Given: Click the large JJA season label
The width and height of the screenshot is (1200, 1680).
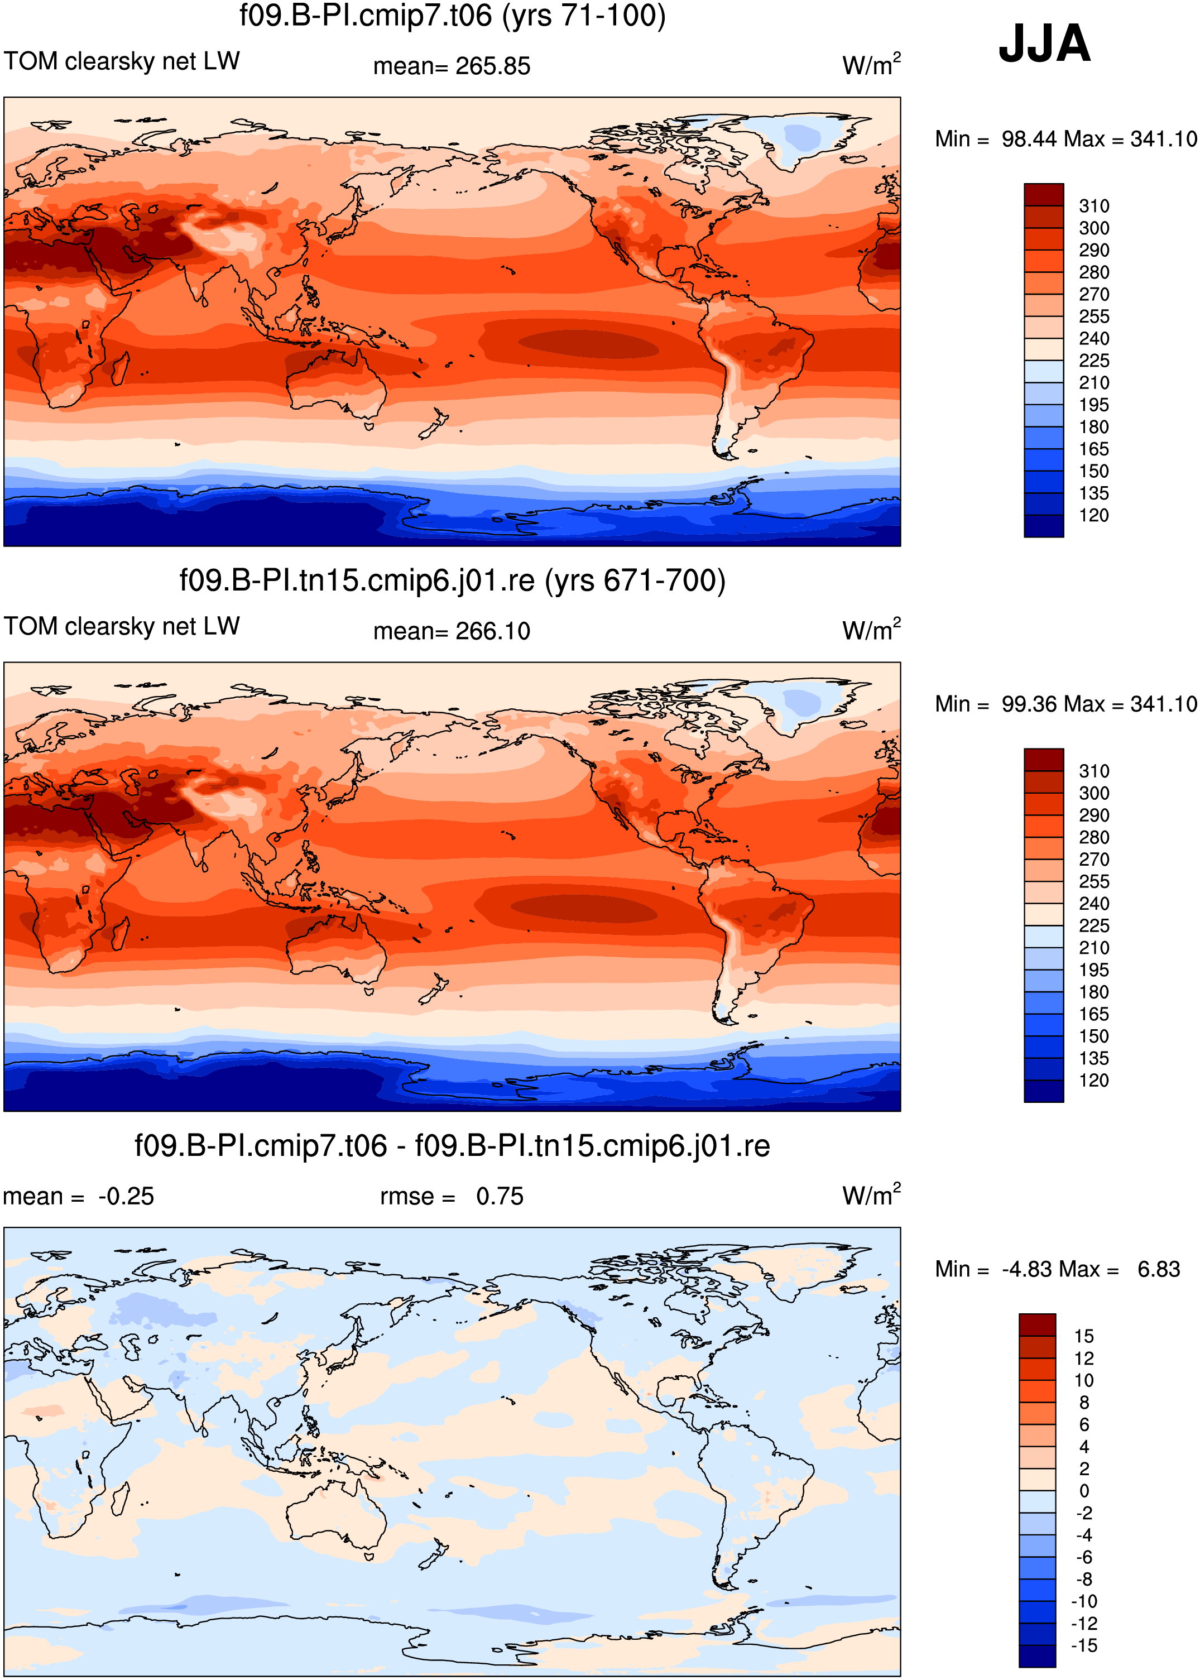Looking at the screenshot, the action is point(1044,44).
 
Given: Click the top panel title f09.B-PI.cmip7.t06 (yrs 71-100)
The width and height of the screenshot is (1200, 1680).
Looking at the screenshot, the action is point(452,16).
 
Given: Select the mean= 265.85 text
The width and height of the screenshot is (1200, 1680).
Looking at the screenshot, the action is point(452,66).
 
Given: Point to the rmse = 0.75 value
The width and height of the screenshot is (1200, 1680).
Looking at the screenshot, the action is point(452,1197).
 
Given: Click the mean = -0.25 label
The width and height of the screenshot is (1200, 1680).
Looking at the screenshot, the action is point(78,1197).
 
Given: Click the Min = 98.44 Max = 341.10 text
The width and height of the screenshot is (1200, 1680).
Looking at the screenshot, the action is point(1065,139).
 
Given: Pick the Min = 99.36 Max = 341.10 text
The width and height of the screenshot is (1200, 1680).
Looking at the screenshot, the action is point(1065,704).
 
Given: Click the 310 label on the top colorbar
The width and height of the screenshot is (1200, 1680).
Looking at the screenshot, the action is point(1093,206).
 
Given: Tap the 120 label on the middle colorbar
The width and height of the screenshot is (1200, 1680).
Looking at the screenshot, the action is point(1093,1081).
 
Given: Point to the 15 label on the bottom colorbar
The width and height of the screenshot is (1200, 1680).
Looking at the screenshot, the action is point(1084,1336).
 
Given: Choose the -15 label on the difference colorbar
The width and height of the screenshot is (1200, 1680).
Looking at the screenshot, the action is point(1084,1646).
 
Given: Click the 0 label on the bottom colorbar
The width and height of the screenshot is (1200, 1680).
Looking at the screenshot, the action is point(1084,1491).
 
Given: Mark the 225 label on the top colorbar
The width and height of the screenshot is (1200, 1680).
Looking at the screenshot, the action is point(1093,361).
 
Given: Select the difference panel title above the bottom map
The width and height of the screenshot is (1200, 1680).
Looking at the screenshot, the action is point(452,1146).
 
